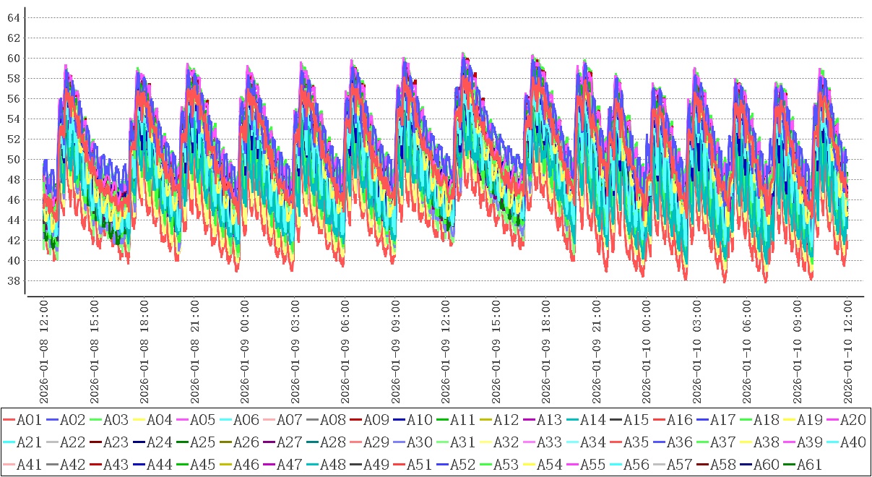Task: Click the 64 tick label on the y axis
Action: click(13, 17)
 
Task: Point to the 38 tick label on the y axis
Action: click(13, 280)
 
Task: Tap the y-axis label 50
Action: click(13, 159)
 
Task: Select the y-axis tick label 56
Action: click(13, 98)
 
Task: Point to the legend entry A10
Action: click(419, 420)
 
